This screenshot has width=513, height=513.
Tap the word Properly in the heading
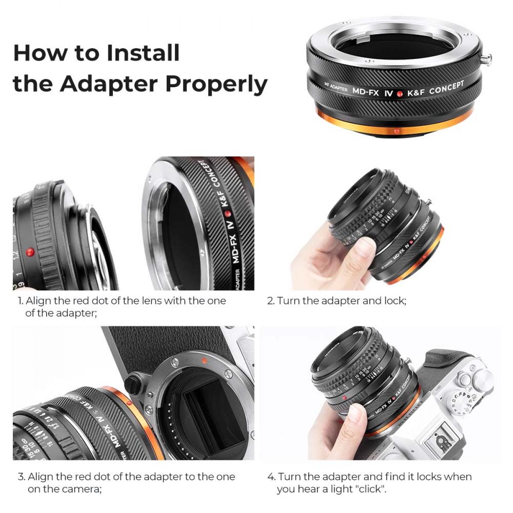tap(216, 84)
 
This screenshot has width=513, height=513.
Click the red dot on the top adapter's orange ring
tap(396, 131)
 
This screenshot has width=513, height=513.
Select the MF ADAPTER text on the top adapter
tap(336, 88)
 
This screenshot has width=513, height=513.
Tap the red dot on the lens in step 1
tap(29, 252)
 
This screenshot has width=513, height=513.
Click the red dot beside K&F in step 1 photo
tap(227, 212)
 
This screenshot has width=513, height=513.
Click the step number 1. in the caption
tap(20, 301)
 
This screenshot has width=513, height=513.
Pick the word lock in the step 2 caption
tap(393, 301)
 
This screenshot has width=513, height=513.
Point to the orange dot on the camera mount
tap(204, 360)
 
